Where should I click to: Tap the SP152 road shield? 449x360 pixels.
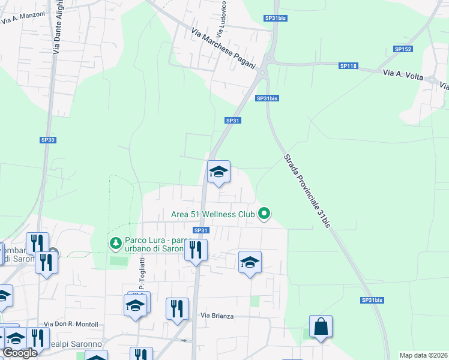[x=403, y=49]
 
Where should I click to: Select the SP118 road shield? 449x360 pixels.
[x=348, y=65]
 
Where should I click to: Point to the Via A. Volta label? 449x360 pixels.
[x=403, y=74]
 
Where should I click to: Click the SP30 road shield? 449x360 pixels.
[x=48, y=140]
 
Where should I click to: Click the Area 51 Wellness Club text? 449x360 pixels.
[x=212, y=214]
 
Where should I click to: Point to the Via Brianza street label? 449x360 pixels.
[x=217, y=316]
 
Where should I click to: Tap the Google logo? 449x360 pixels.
[x=20, y=353]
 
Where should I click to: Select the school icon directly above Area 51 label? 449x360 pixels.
[x=218, y=172]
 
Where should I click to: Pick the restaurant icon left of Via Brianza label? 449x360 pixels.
[x=177, y=309]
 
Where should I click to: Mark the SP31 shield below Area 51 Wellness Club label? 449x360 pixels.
[x=200, y=230]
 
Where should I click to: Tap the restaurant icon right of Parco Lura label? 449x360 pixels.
[x=196, y=250]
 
